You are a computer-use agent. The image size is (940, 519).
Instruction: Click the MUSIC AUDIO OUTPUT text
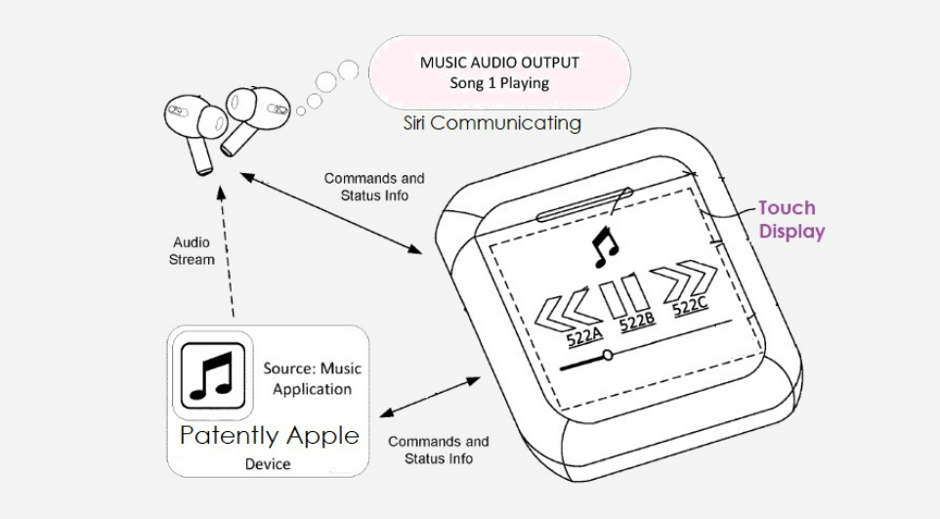coord(499,62)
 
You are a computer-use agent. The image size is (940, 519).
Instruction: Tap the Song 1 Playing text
coord(499,83)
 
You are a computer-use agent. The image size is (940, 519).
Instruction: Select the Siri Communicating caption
coord(492,123)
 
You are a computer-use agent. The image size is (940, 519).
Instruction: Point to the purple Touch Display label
coord(790,220)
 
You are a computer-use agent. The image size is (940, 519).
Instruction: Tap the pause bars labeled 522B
coord(622,296)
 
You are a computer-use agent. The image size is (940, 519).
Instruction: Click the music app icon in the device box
coord(212,376)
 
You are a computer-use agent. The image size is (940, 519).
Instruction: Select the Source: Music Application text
coord(312,378)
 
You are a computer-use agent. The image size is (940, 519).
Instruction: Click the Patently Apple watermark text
coord(269,435)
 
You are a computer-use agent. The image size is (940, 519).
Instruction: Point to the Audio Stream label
coord(192,250)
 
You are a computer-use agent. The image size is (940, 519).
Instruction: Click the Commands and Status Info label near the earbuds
coord(374,187)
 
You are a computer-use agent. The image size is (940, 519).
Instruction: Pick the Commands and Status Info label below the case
coord(439,450)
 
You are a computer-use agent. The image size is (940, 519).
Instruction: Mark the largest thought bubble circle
coord(349,68)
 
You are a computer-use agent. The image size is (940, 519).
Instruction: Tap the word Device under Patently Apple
coord(268,463)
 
